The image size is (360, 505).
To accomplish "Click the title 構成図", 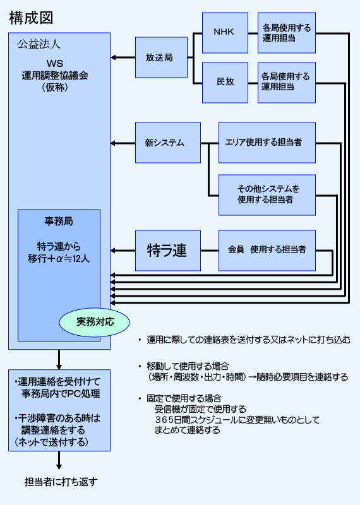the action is [x=31, y=18].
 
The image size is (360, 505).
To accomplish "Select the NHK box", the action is [x=225, y=33].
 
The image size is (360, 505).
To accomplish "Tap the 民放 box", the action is [x=225, y=83].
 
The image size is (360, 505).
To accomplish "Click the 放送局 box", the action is [x=161, y=57].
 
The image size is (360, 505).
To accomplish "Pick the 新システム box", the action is [x=168, y=143].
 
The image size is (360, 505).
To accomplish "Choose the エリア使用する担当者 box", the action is [x=267, y=143].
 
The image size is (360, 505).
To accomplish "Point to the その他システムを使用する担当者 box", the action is [x=267, y=195].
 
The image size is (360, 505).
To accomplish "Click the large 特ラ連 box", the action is [x=168, y=250].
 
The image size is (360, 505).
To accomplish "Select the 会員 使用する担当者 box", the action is [x=267, y=250].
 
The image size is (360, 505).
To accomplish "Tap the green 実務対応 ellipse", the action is [x=95, y=322].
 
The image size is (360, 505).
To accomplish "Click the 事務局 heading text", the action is [x=59, y=222].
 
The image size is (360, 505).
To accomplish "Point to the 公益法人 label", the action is [x=39, y=44].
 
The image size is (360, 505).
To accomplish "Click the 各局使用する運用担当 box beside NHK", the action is [x=287, y=33].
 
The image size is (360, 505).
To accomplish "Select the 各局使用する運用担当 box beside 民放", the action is [x=287, y=83].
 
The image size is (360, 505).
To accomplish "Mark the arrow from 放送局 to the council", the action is [x=123, y=57].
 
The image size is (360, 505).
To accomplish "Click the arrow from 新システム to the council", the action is [x=123, y=143].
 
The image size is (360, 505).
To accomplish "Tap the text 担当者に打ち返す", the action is [x=61, y=482].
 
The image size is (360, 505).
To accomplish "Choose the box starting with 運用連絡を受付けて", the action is [x=59, y=410].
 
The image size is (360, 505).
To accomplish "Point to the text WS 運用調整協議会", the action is [x=55, y=69].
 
